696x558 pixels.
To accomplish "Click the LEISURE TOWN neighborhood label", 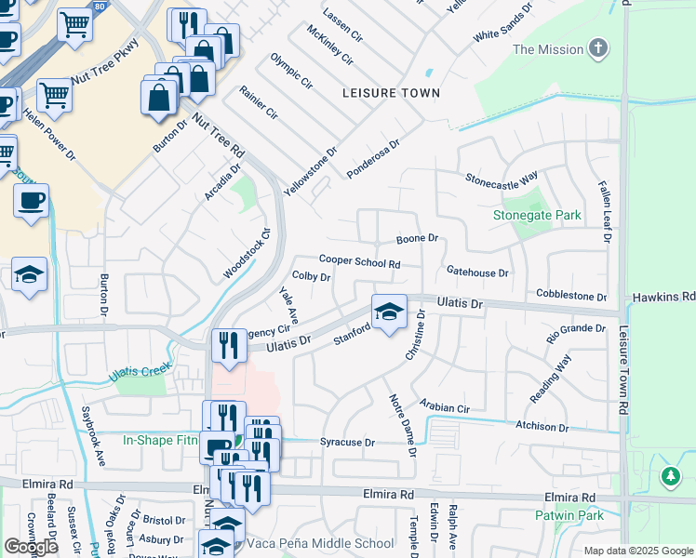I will click(x=390, y=94).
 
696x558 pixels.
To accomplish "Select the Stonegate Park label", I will click(x=537, y=216).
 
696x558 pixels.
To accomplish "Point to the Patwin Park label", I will click(x=569, y=515).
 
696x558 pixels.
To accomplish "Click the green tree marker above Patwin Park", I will click(x=670, y=477).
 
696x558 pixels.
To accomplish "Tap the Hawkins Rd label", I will click(x=663, y=297).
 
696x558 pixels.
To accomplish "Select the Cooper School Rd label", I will click(x=359, y=263).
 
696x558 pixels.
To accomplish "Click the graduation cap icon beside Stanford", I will click(x=389, y=312).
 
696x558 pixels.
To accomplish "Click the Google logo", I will click(x=31, y=547).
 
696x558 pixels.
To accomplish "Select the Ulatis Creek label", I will click(x=139, y=371).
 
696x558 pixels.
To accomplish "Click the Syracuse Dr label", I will click(x=346, y=443).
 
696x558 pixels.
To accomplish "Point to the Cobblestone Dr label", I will click(x=570, y=297).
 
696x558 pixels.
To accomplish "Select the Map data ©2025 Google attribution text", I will click(x=638, y=551).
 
